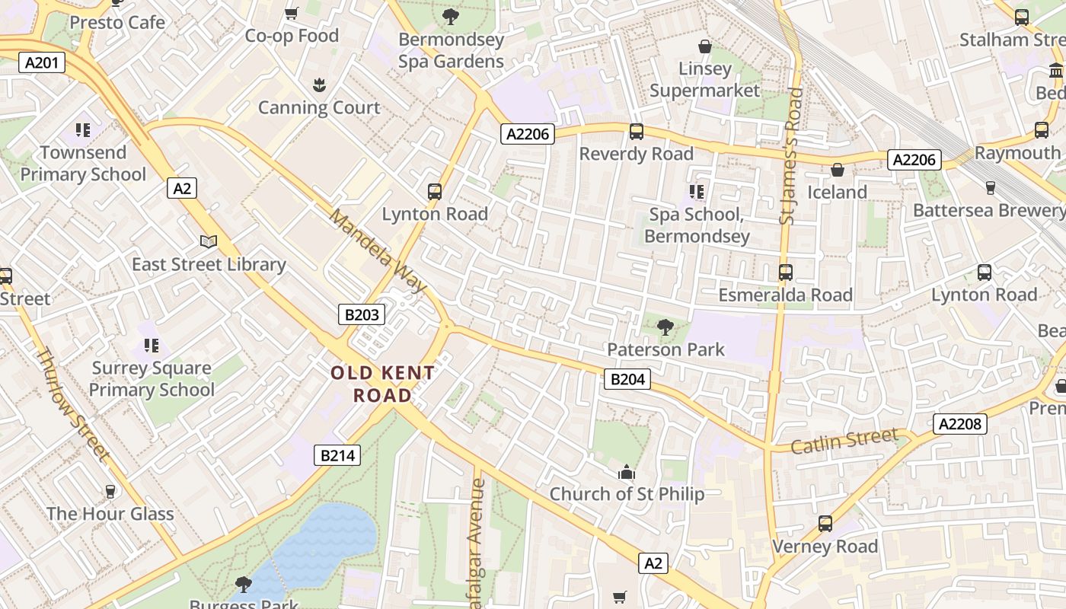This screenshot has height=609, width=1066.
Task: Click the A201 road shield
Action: [41, 62]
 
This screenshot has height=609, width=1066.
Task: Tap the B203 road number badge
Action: [362, 314]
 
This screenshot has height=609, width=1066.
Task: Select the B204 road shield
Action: [627, 379]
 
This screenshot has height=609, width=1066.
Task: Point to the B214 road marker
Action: [337, 455]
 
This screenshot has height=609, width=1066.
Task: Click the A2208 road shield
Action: [960, 424]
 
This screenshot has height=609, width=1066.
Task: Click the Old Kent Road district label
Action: [382, 384]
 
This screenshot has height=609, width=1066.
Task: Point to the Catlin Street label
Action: [844, 441]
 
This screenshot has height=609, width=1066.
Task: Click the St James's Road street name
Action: [792, 156]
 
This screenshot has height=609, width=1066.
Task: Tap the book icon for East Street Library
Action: [209, 242]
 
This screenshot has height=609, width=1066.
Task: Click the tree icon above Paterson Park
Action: [665, 327]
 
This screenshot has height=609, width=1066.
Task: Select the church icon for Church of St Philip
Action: [627, 472]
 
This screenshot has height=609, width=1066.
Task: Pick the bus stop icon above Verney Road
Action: [825, 524]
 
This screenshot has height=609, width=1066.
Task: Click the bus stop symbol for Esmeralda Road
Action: [785, 272]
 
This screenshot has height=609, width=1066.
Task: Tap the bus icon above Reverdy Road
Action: [637, 132]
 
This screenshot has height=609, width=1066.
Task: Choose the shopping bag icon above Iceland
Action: [838, 170]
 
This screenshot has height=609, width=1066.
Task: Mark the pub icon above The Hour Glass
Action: [110, 491]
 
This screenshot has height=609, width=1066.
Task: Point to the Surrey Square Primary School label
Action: [152, 379]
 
